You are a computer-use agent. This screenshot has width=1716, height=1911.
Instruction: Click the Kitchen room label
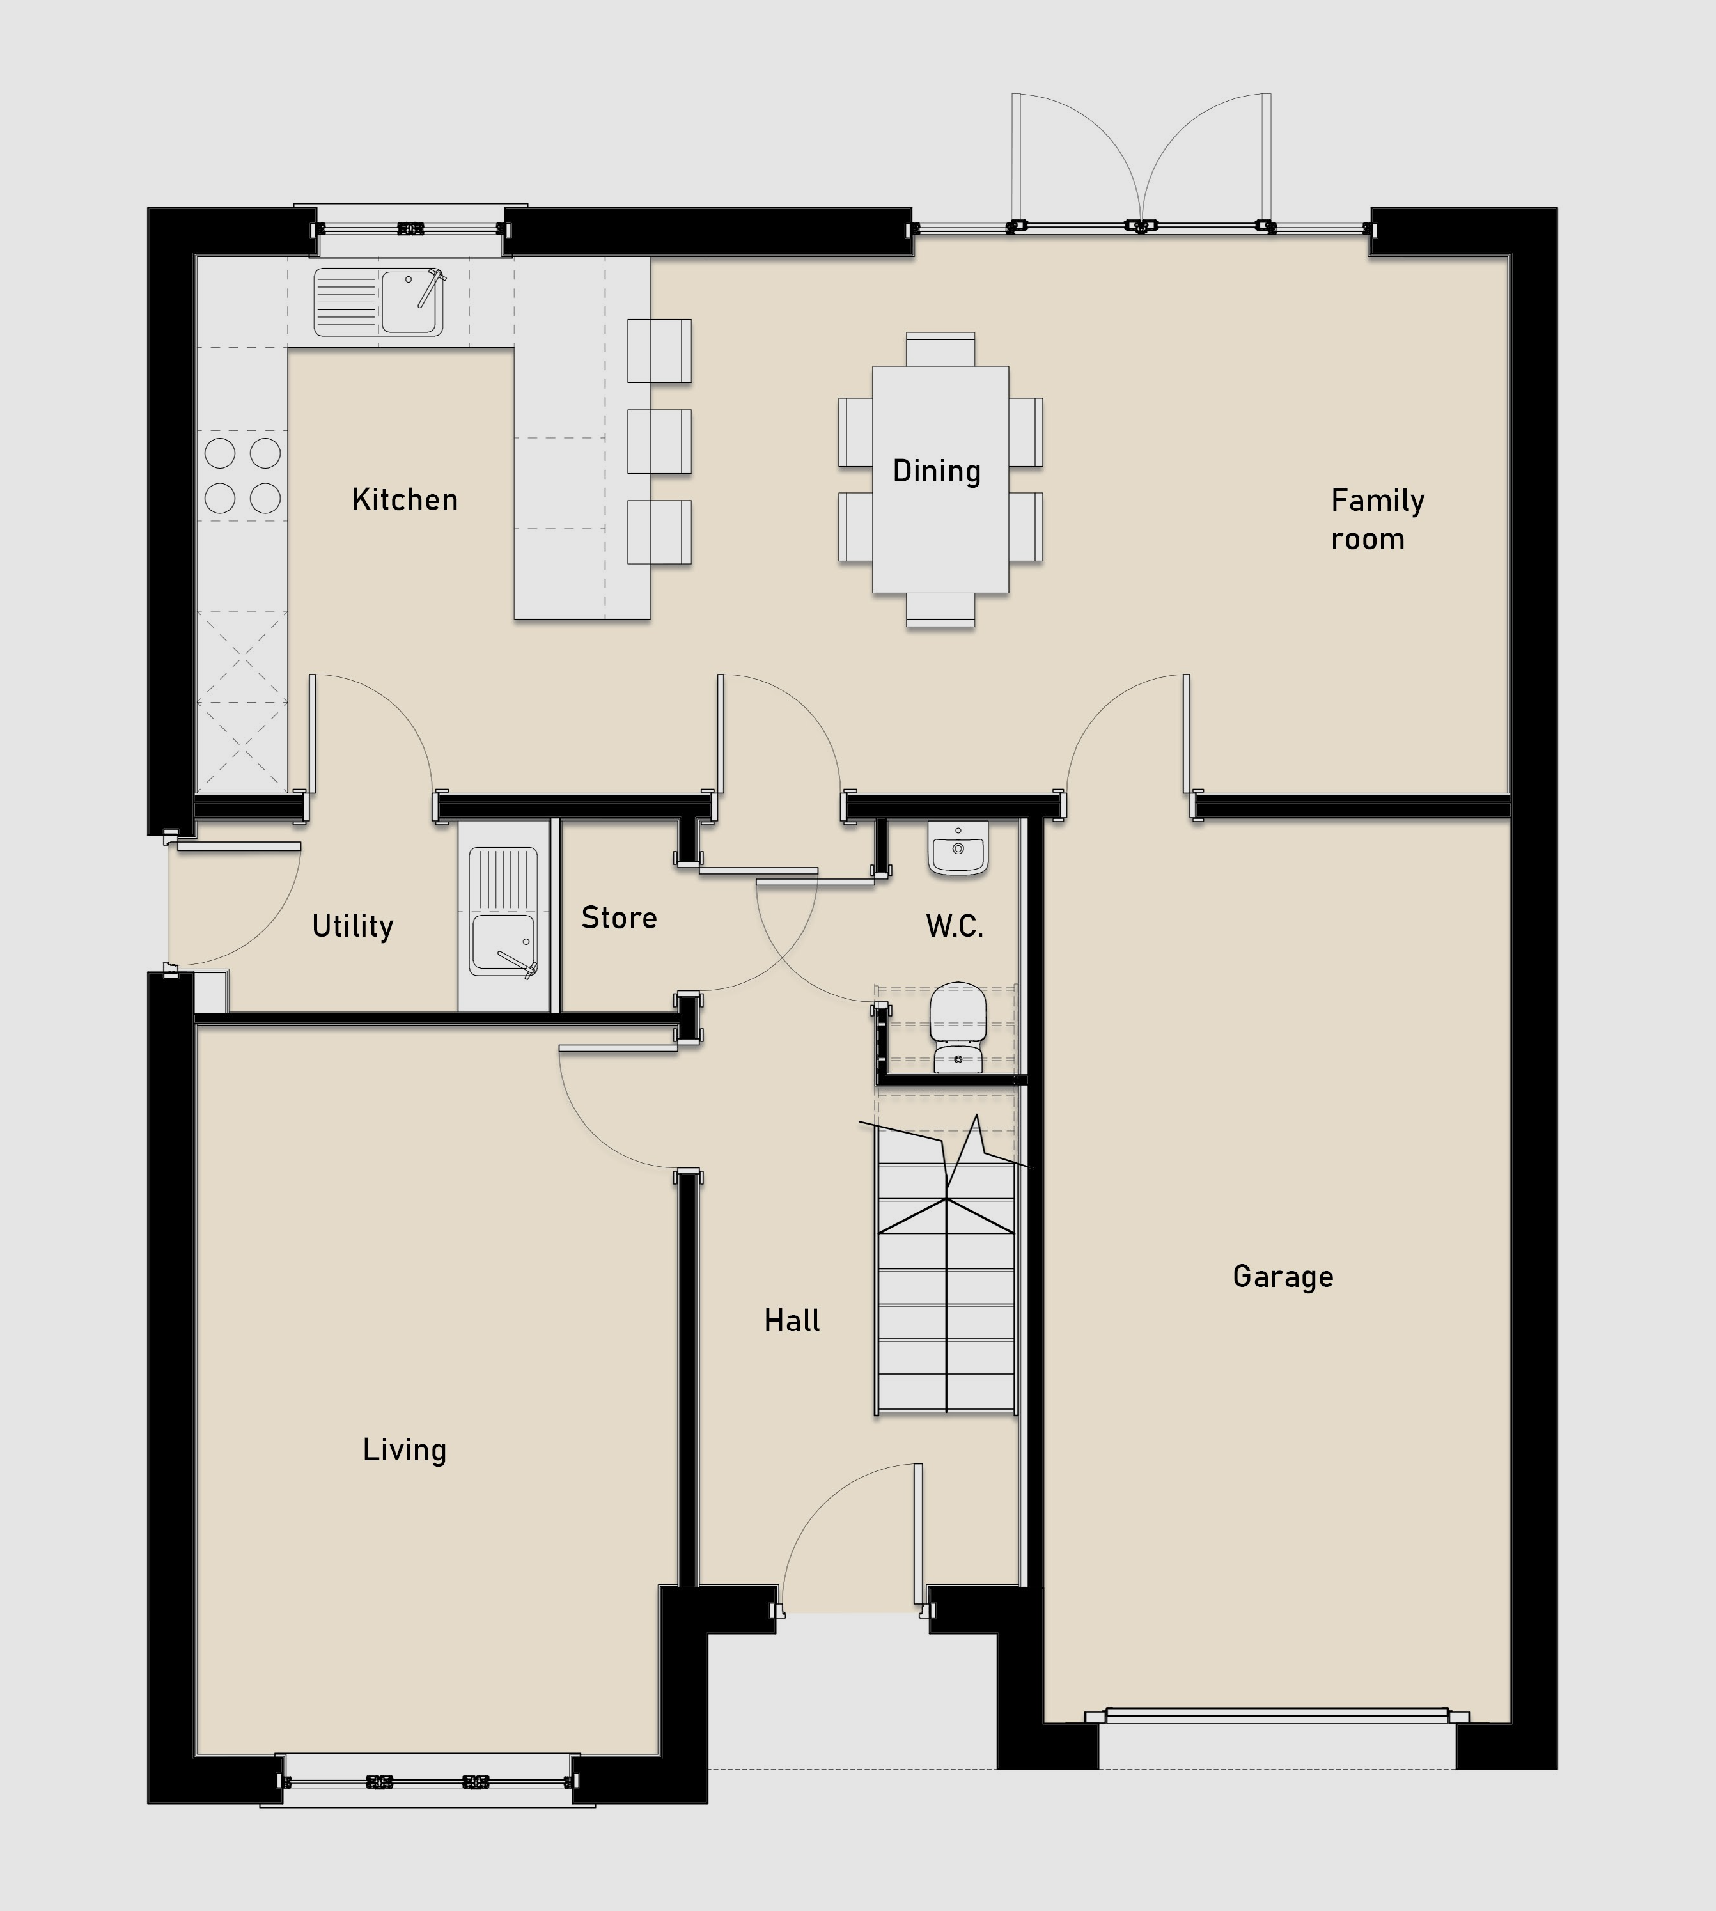[405, 500]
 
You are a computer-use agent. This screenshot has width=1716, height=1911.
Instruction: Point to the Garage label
[1283, 1277]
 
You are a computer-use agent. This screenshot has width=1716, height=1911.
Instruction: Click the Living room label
[405, 1450]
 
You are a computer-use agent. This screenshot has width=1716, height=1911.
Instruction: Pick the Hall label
[792, 1321]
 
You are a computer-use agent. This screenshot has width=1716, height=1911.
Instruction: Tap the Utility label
[353, 927]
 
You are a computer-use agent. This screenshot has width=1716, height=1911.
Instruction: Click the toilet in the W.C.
[958, 1027]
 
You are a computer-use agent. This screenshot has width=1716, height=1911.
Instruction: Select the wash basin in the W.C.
[958, 848]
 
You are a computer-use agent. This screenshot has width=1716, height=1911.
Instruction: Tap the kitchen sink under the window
[379, 302]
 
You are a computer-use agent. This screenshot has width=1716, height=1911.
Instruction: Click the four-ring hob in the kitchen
[242, 475]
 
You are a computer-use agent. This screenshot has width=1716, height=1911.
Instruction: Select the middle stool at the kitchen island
[659, 441]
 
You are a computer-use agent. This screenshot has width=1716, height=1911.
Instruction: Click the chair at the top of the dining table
[940, 349]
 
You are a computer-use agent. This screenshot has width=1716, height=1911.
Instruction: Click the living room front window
[427, 1781]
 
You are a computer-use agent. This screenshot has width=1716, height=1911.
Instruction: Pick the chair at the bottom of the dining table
[940, 610]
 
